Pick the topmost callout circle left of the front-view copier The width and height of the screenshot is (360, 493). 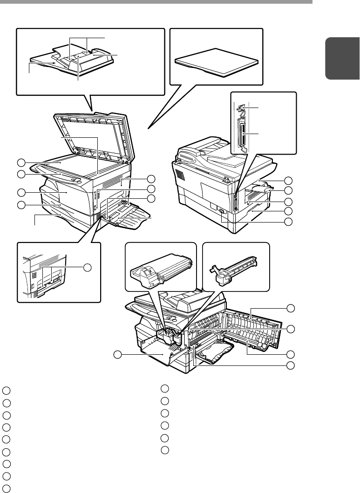[20, 162]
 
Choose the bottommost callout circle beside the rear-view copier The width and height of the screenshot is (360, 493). [288, 222]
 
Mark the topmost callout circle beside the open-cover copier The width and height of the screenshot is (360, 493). [291, 308]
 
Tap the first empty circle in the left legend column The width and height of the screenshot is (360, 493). [5, 390]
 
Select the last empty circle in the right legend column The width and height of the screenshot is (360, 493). [164, 450]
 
